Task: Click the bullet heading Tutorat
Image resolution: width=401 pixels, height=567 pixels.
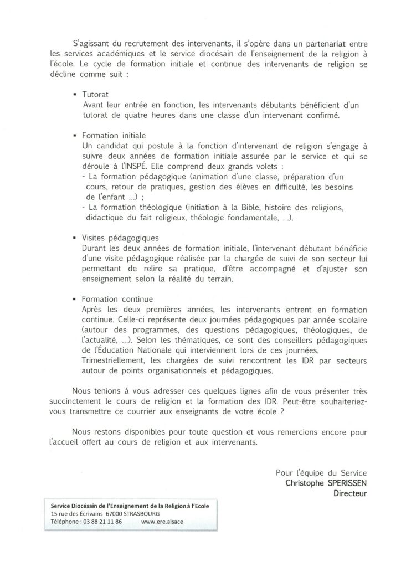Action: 95,95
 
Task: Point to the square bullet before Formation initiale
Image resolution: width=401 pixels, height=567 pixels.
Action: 75,135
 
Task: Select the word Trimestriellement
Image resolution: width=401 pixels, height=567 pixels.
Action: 113,360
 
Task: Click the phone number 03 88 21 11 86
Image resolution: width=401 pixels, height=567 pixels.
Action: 103,521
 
